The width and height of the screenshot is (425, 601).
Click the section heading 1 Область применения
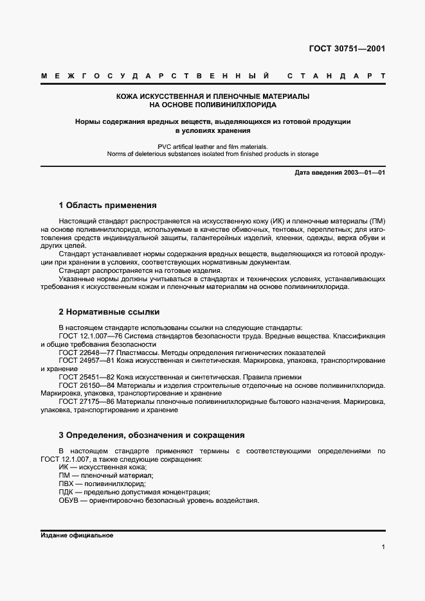click(x=107, y=205)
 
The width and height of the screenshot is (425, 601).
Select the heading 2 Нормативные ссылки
click(x=109, y=312)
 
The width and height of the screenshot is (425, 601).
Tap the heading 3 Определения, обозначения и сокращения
click(x=151, y=435)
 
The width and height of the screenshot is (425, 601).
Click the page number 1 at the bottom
click(x=383, y=547)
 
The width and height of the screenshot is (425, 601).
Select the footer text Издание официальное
click(x=77, y=535)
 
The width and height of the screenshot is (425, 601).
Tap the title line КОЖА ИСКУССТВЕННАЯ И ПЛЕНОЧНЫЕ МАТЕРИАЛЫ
click(x=212, y=96)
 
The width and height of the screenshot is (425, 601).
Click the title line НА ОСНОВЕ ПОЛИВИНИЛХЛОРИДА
click(x=212, y=104)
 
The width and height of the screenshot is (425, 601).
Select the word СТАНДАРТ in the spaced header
click(x=336, y=76)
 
